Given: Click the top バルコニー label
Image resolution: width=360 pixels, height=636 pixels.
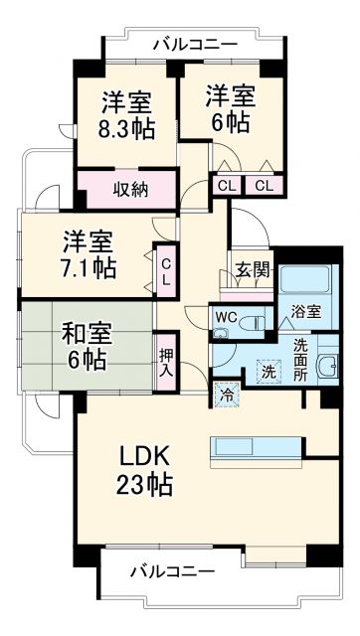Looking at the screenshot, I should [195, 45].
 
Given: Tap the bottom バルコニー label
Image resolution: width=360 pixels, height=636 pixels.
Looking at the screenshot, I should [172, 571].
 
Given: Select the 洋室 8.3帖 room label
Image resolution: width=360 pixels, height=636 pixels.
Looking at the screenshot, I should [127, 115].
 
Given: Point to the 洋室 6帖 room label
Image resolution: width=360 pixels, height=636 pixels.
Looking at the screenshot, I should [231, 108].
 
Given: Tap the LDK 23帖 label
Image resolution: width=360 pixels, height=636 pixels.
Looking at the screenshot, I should [146, 470].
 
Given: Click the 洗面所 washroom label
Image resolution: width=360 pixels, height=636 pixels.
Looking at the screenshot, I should [299, 359].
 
